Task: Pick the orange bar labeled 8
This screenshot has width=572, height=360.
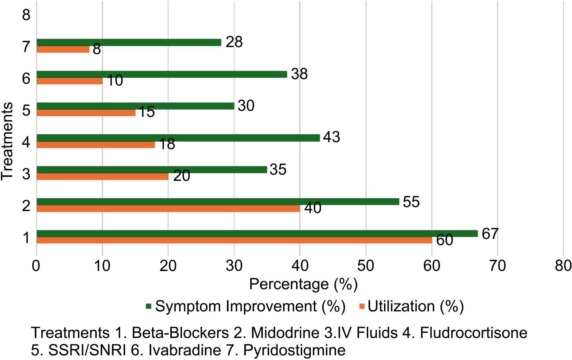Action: click(63, 50)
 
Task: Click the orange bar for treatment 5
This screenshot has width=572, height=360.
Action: click(86, 113)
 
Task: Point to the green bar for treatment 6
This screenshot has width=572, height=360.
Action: click(162, 74)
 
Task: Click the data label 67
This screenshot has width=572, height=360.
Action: click(490, 234)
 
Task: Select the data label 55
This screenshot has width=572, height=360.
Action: click(411, 202)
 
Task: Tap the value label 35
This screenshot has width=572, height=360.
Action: click(278, 170)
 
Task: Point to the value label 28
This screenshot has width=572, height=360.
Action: click(234, 42)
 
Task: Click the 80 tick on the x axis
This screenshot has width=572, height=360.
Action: click(563, 266)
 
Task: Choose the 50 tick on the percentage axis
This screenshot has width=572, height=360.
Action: click(366, 266)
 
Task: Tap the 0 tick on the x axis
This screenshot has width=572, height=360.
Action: click(36, 266)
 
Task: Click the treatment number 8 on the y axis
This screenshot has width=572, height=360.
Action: click(26, 15)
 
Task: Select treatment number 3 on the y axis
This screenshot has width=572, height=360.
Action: click(26, 174)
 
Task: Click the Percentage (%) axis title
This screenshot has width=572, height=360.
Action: click(303, 284)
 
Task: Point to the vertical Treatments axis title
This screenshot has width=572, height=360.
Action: click(7, 141)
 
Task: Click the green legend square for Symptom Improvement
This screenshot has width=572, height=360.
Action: click(148, 306)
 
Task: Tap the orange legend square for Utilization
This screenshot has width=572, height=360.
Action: click(362, 306)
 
